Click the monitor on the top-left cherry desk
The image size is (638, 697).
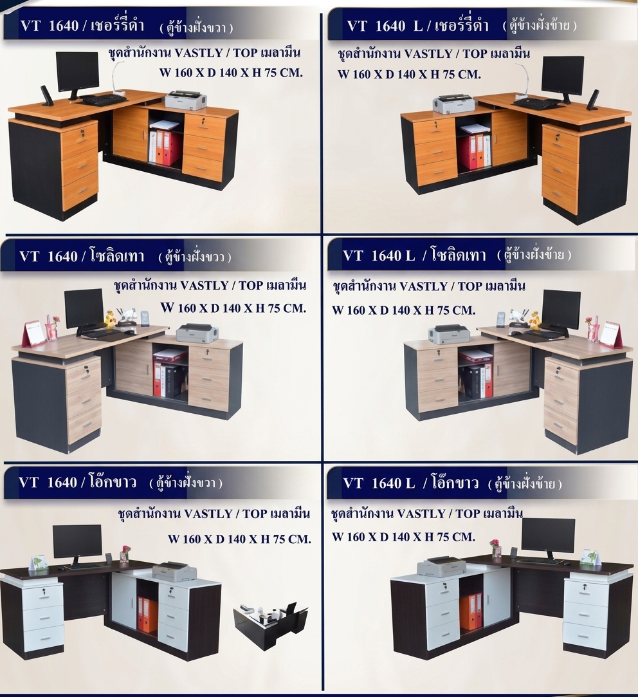(78, 73)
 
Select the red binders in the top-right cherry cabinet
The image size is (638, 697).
(472, 151)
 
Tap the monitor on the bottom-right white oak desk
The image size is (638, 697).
(548, 537)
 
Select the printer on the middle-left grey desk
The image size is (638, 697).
(197, 334)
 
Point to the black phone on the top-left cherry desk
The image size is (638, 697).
(46, 95)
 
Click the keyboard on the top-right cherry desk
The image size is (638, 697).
(537, 104)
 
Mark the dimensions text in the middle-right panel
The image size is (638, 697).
(403, 310)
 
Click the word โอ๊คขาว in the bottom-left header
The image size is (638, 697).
(112, 482)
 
